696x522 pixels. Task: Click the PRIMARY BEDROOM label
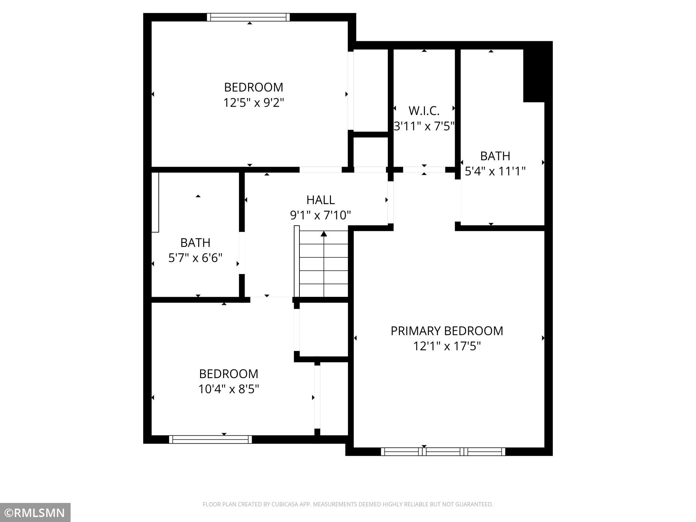tap(447, 331)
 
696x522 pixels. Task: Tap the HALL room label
tap(321, 200)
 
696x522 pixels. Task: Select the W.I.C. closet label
tap(424, 111)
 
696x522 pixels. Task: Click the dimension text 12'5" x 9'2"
tap(254, 103)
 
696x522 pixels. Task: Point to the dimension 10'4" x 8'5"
tap(229, 389)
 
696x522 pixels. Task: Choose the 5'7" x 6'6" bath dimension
tap(195, 258)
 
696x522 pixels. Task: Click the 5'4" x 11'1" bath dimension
tap(495, 171)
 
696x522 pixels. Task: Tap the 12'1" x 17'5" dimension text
tap(447, 346)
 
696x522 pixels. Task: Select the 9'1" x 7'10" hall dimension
tap(321, 215)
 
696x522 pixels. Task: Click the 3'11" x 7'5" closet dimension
tap(424, 126)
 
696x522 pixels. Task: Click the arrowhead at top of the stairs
tap(324, 234)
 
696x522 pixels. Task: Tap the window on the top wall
tap(248, 17)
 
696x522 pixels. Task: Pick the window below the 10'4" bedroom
tap(210, 439)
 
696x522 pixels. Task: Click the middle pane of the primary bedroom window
tap(443, 452)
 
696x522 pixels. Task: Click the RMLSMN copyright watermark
tap(35, 513)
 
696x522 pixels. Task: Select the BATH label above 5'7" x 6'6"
tap(195, 243)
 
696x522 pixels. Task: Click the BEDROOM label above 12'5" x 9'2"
tap(254, 87)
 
